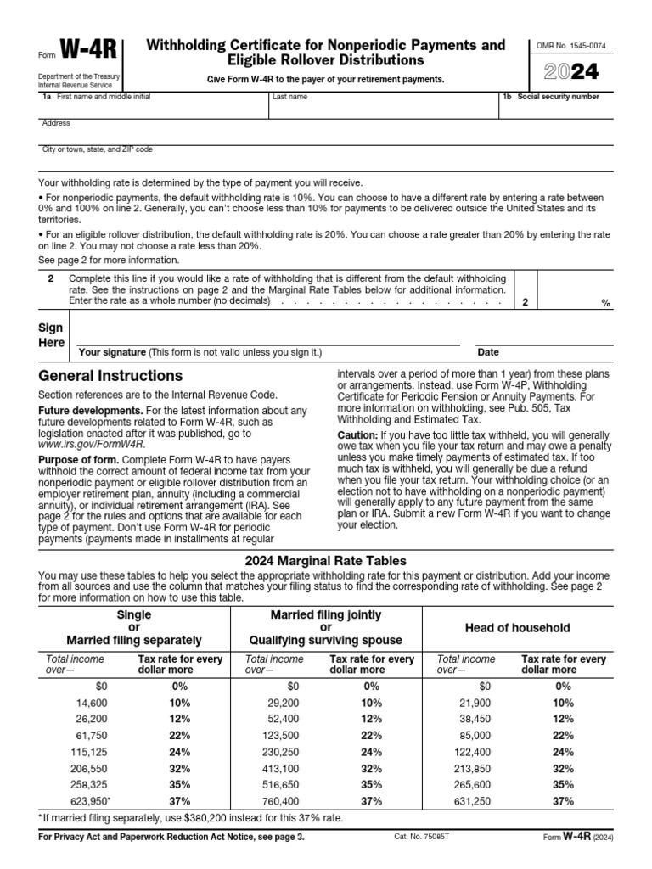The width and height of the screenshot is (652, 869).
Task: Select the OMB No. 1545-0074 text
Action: click(x=570, y=43)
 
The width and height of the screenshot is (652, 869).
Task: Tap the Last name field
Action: click(x=382, y=109)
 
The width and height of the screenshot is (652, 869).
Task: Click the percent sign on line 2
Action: click(x=605, y=303)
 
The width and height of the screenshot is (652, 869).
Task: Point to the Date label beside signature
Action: click(x=488, y=352)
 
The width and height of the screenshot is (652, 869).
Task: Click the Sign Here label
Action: click(x=52, y=335)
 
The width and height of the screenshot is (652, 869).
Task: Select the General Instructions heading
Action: click(x=110, y=376)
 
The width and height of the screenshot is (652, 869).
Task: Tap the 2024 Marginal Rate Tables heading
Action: click(x=326, y=560)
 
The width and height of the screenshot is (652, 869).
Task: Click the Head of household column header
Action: click(x=517, y=628)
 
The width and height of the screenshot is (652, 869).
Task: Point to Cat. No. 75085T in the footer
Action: click(x=421, y=860)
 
